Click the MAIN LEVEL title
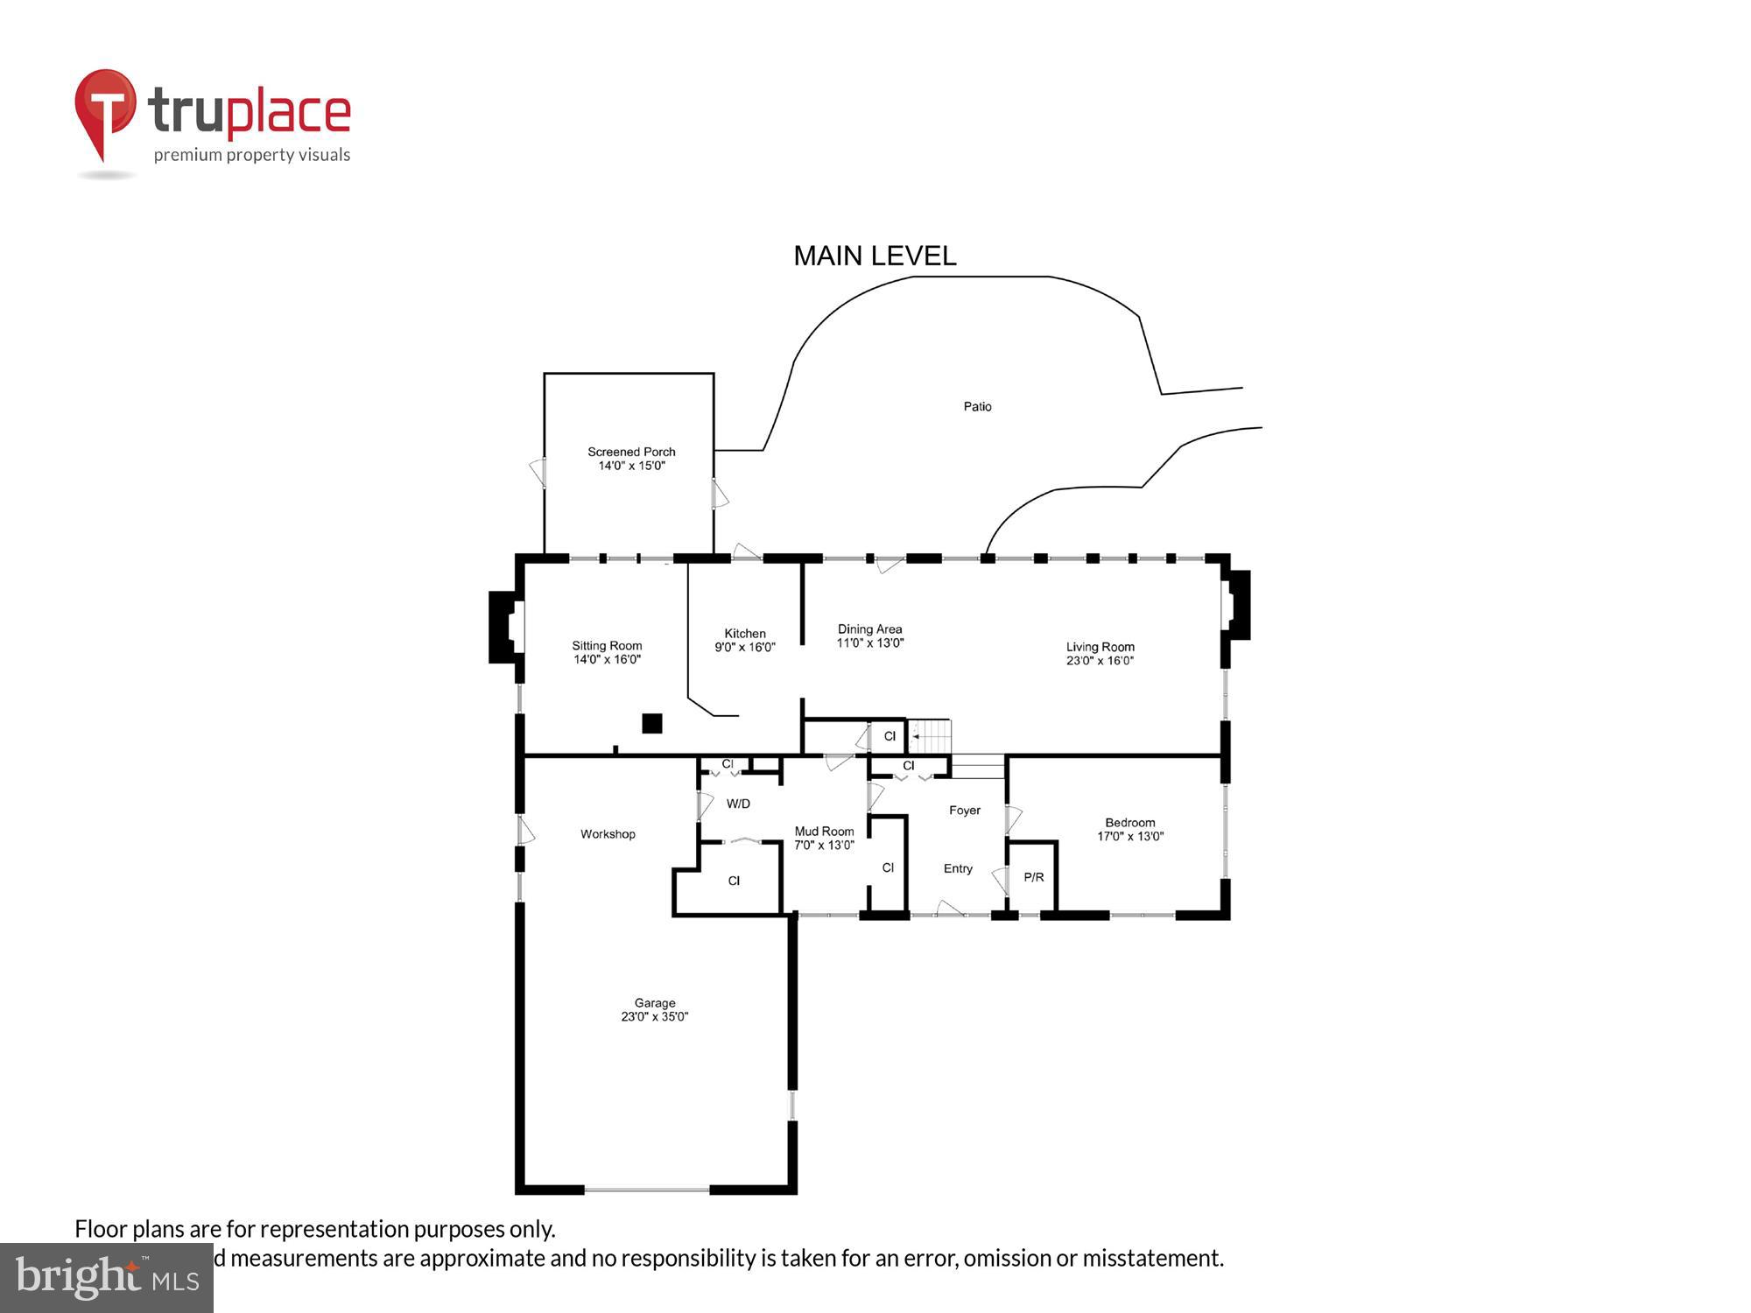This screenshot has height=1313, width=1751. [875, 256]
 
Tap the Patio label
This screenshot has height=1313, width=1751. [977, 406]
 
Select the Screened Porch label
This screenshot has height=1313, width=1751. [631, 452]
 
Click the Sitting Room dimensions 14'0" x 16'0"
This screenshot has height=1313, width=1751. [607, 659]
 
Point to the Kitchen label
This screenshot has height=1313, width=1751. [745, 633]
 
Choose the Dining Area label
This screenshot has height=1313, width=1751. [869, 628]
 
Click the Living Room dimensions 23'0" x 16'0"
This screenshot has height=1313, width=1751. [1100, 660]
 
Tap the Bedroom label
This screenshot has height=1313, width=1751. [1129, 822]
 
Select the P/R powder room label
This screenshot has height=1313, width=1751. [1033, 876]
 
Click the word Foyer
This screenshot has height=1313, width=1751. [964, 810]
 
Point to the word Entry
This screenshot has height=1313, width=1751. [958, 868]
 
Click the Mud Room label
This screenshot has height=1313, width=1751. [824, 831]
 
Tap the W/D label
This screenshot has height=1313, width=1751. [738, 803]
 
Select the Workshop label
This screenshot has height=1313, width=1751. [608, 833]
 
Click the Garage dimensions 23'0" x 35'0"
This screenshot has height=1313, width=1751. [655, 1016]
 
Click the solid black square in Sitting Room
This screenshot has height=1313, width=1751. [651, 723]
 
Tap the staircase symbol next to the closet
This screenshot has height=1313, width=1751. [930, 736]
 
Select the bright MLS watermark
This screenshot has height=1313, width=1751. [107, 1278]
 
